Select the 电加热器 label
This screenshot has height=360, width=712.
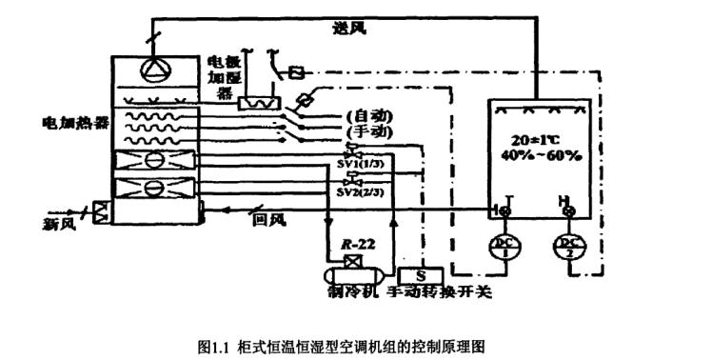75,123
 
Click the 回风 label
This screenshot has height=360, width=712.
270,220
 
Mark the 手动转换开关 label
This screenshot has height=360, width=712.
441,291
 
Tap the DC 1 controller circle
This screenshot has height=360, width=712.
501,248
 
